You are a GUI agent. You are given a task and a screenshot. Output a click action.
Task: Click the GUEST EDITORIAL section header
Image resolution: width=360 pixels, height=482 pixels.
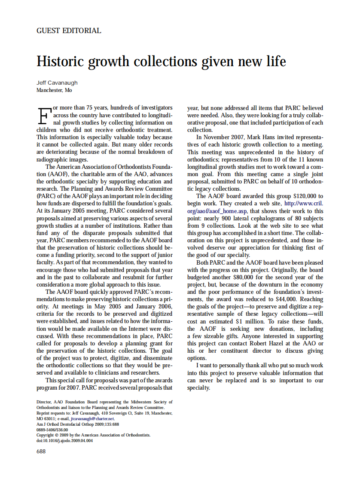pyautogui.click(x=69, y=31)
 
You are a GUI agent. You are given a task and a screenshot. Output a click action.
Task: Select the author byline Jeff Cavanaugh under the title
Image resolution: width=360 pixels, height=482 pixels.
pyautogui.click(x=57, y=83)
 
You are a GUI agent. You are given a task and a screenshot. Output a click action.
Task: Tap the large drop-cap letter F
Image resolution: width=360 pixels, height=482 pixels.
pyautogui.click(x=43, y=115)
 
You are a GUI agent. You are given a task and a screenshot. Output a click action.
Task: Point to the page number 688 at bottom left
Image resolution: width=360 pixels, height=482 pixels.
pyautogui.click(x=41, y=451)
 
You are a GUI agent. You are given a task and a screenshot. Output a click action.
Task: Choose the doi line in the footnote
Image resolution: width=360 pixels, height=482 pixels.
pyautogui.click(x=64, y=441)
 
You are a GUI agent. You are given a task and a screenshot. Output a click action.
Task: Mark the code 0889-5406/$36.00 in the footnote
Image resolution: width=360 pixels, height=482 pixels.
pyautogui.click(x=52, y=430)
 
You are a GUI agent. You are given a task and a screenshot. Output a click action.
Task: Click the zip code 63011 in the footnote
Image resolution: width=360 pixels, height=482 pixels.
pyautogui.click(x=51, y=418)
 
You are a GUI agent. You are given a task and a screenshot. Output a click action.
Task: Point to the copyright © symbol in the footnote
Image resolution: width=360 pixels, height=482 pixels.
pyautogui.click(x=55, y=435)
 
